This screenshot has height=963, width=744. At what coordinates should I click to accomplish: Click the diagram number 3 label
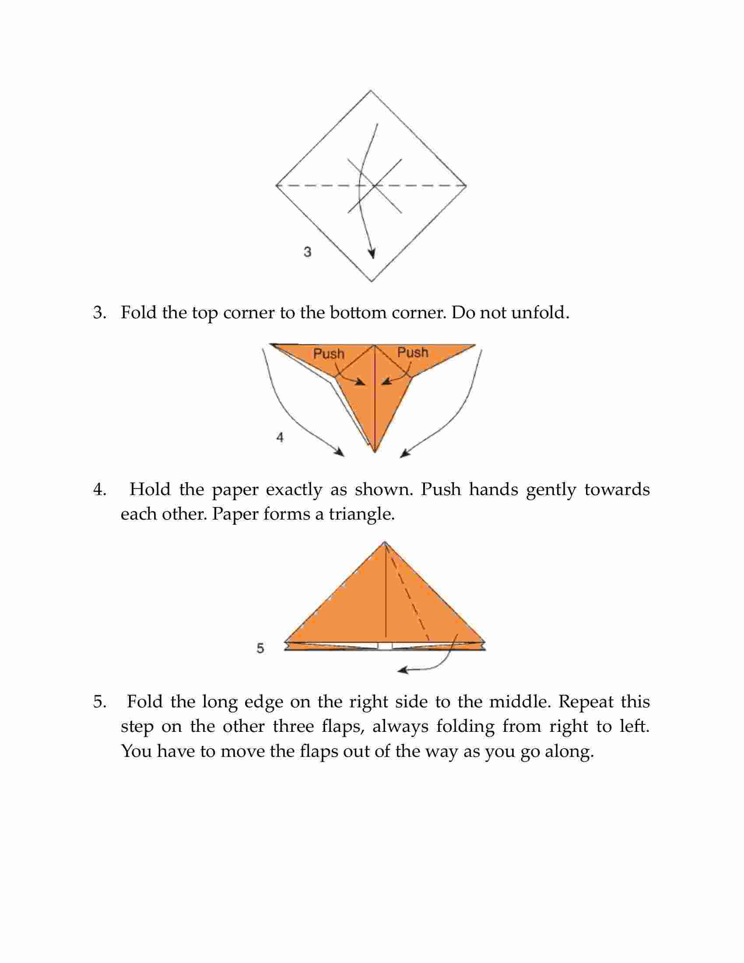tap(308, 252)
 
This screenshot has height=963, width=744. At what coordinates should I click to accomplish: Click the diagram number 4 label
tap(280, 437)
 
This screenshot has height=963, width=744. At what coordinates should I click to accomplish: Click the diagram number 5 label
tap(260, 648)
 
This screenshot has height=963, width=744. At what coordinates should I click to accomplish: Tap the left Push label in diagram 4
tap(328, 354)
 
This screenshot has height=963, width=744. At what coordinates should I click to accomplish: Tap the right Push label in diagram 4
tap(413, 352)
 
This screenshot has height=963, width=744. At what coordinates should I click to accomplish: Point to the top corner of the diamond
tap(371, 91)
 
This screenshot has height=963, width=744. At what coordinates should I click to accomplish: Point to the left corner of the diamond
tap(276, 186)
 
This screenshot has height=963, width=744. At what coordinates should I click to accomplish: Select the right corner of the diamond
tap(467, 186)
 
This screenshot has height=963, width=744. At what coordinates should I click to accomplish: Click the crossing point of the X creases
tap(375, 186)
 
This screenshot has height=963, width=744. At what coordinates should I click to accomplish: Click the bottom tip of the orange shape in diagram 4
tap(375, 453)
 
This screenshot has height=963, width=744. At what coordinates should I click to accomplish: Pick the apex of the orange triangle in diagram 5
tap(385, 542)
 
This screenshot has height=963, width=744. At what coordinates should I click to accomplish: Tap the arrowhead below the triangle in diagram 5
tap(402, 671)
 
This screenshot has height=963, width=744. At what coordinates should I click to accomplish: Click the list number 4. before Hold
tap(100, 490)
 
